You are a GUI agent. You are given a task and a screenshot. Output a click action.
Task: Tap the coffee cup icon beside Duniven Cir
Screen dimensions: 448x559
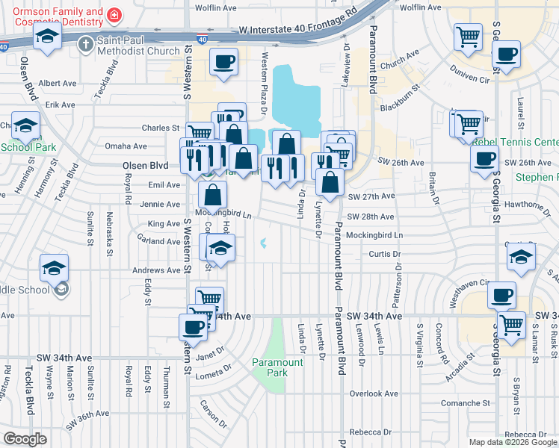(507, 54)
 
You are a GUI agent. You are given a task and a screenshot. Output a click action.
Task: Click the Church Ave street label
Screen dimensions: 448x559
(399, 60)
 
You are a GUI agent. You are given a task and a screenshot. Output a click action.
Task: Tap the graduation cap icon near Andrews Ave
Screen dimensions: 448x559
(55, 267)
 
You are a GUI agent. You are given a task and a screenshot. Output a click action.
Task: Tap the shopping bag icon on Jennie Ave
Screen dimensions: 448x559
(213, 196)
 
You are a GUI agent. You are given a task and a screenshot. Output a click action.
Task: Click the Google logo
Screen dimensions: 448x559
(26, 439)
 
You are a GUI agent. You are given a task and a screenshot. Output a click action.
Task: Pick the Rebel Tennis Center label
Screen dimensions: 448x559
(523, 142)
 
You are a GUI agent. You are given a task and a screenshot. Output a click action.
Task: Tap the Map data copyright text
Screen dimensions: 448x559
(512, 442)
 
